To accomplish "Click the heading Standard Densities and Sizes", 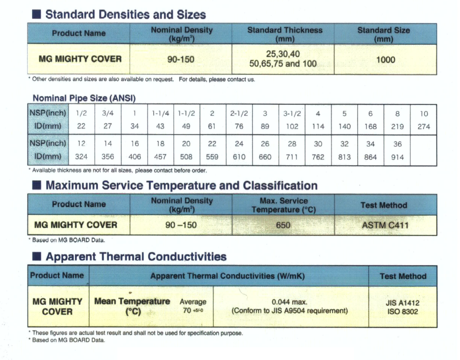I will pos(125,14).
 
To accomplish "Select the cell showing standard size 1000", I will pos(385,60).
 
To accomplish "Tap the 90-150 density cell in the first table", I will pos(181,60).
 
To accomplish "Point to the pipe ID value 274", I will pos(424,127).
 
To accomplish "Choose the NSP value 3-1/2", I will pos(292,114).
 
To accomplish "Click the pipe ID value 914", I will pos(397,157).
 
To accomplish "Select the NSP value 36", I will pos(397,144).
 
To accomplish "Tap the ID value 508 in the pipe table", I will pos(186,157).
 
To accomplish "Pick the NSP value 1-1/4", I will pos(160,114).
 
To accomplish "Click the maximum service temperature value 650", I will pos(283,225).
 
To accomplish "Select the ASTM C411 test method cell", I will pos(385,225).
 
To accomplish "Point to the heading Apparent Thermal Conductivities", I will pos(136,257).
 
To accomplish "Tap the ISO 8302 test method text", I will pos(402,311).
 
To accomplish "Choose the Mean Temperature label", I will pos(132,301).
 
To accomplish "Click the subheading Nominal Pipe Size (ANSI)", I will pos(84,98).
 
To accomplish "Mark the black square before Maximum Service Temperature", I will pos(36,186).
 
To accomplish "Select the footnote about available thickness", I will pos(118,171).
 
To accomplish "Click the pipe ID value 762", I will pos(318,157).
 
